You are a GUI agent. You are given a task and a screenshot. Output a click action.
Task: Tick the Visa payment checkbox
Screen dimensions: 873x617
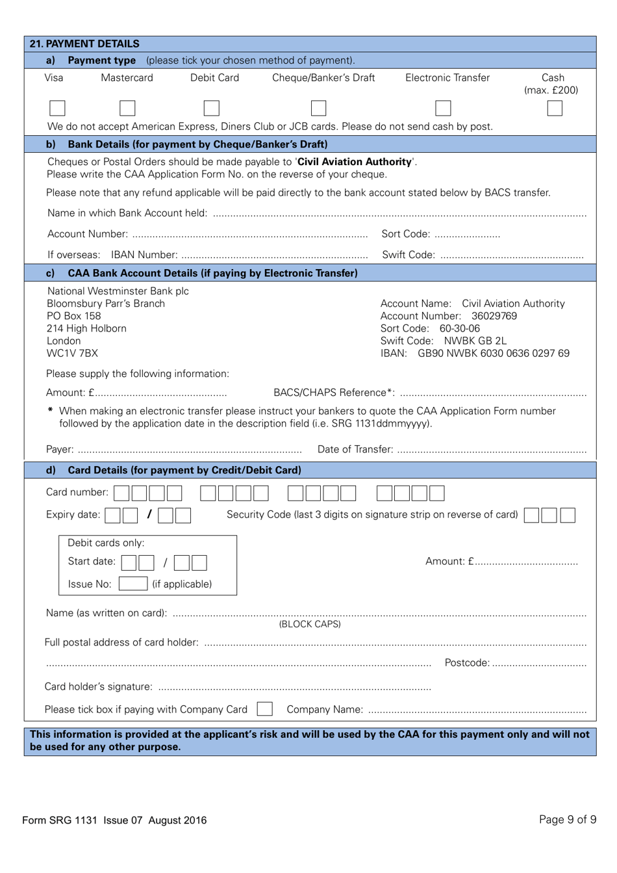pyautogui.click(x=57, y=108)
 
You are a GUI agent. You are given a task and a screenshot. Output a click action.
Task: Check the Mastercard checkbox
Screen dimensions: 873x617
pyautogui.click(x=127, y=108)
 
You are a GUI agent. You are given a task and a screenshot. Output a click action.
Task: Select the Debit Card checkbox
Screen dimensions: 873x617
pyautogui.click(x=211, y=108)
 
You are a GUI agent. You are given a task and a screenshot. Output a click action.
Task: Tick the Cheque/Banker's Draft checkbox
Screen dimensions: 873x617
pyautogui.click(x=318, y=108)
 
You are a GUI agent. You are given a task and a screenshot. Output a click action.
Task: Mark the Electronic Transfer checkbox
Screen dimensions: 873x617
pyautogui.click(x=443, y=108)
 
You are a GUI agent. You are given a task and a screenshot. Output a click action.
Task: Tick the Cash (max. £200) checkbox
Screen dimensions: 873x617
pyautogui.click(x=554, y=108)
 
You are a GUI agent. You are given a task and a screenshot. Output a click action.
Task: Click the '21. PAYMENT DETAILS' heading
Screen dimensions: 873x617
pyautogui.click(x=84, y=44)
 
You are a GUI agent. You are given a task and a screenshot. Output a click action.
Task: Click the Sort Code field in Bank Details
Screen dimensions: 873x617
pyautogui.click(x=468, y=234)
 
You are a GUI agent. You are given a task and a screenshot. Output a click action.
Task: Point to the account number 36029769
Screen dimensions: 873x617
pyautogui.click(x=494, y=316)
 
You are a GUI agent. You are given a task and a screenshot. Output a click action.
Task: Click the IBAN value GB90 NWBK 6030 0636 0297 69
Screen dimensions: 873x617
pyautogui.click(x=493, y=353)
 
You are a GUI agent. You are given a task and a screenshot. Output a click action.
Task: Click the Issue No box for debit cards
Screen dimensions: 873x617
pyautogui.click(x=132, y=584)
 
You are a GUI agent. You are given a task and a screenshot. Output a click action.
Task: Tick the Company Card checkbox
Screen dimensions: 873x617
pyautogui.click(x=264, y=709)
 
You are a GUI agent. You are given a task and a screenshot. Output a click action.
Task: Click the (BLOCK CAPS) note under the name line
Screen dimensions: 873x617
pyautogui.click(x=310, y=624)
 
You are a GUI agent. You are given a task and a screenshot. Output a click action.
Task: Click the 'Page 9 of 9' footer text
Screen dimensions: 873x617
pyautogui.click(x=567, y=819)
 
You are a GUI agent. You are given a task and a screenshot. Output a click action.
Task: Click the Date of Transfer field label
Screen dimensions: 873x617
pyautogui.click(x=355, y=449)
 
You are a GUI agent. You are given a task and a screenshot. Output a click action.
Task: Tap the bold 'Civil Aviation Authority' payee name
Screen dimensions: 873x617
pyautogui.click(x=355, y=162)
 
